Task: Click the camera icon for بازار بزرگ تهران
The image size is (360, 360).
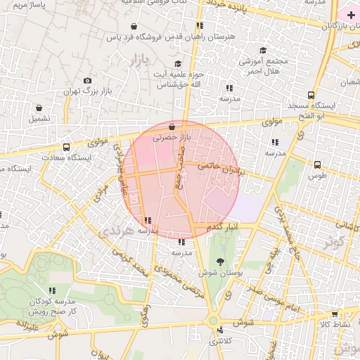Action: point(87,82)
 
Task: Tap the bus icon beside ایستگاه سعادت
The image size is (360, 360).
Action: point(66,148)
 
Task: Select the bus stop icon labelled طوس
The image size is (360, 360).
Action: point(317,165)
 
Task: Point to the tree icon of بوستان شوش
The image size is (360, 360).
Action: point(221,262)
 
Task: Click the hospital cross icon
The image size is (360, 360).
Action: point(351,15)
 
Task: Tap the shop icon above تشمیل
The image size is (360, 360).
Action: point(40,109)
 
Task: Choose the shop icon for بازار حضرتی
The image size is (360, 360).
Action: point(172,127)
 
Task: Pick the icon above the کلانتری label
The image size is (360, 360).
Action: point(221,330)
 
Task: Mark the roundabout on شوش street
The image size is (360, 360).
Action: point(212,321)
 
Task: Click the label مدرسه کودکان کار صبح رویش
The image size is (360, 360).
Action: point(51,305)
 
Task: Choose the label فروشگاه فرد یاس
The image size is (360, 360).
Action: point(138,36)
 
